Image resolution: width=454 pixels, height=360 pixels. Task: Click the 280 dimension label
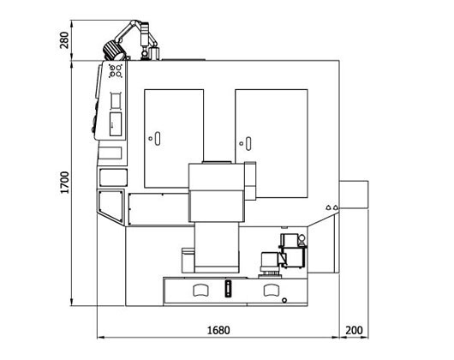pyautogui.click(x=64, y=40)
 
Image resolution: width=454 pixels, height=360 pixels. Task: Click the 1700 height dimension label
pyautogui.click(x=64, y=183)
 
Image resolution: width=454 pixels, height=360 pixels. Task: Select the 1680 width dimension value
pyautogui.click(x=218, y=330)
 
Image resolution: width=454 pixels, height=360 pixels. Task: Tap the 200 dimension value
pyautogui.click(x=354, y=330)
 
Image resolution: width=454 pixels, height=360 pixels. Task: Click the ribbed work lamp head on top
pyautogui.click(x=112, y=51)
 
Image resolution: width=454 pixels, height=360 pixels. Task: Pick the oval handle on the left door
pyautogui.click(x=158, y=139)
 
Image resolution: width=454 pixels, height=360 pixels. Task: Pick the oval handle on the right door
pyautogui.click(x=248, y=144)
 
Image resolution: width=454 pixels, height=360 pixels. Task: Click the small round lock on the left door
pyautogui.click(x=150, y=139)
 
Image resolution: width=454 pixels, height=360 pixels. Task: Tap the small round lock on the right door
pyautogui.click(x=242, y=143)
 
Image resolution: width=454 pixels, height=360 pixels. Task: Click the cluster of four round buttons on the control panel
pyautogui.click(x=116, y=71)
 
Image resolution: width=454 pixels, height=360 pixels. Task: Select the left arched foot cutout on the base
pyautogui.click(x=200, y=291)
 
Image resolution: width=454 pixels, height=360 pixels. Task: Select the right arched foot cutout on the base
pyautogui.click(x=272, y=291)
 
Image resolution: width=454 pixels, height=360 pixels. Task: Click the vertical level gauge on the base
pyautogui.click(x=229, y=289)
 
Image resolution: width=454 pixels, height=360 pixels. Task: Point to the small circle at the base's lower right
pyautogui.click(x=284, y=300)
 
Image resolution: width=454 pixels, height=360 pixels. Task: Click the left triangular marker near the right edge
pyautogui.click(x=328, y=207)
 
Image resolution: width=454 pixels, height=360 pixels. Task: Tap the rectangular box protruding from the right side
pyautogui.click(x=354, y=195)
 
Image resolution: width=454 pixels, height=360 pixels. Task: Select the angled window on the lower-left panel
pyautogui.click(x=111, y=206)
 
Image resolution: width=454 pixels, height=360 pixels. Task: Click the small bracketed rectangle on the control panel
pyautogui.click(x=116, y=100)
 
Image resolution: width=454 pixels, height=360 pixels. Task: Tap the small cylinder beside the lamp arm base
pyautogui.click(x=154, y=54)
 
